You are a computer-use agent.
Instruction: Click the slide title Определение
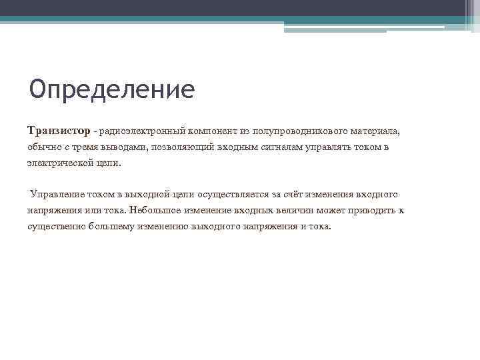(112, 89)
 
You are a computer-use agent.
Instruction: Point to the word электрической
(61, 163)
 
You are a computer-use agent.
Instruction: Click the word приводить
(373, 210)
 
